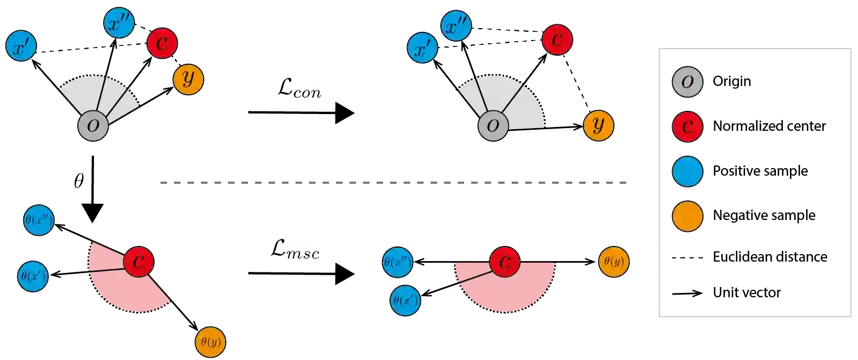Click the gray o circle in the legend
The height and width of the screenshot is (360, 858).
pos(687,82)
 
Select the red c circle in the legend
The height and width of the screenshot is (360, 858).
pos(687,126)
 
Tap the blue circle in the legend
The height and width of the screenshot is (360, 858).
pos(687,171)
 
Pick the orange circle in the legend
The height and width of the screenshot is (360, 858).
pos(687,216)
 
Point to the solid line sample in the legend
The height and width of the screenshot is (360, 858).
pos(687,257)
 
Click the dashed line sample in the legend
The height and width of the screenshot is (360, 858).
pos(687,294)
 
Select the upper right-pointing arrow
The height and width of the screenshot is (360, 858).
pos(303,113)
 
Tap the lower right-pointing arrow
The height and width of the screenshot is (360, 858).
pos(303,272)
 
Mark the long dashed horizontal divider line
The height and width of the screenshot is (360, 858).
pos(393,184)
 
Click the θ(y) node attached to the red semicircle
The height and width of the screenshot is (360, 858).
pos(613,262)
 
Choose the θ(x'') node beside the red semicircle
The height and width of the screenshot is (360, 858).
pos(397,263)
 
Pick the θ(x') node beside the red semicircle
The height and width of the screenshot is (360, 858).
pos(405,301)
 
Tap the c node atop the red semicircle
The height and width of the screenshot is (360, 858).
pos(505,262)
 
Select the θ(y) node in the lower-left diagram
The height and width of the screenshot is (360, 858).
pos(210,342)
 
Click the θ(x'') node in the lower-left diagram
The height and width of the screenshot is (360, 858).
pos(38,220)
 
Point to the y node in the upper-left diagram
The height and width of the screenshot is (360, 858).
pos(188,79)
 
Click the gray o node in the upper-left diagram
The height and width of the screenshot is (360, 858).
pos(93,125)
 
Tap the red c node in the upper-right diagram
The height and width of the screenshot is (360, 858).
pos(557,39)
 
